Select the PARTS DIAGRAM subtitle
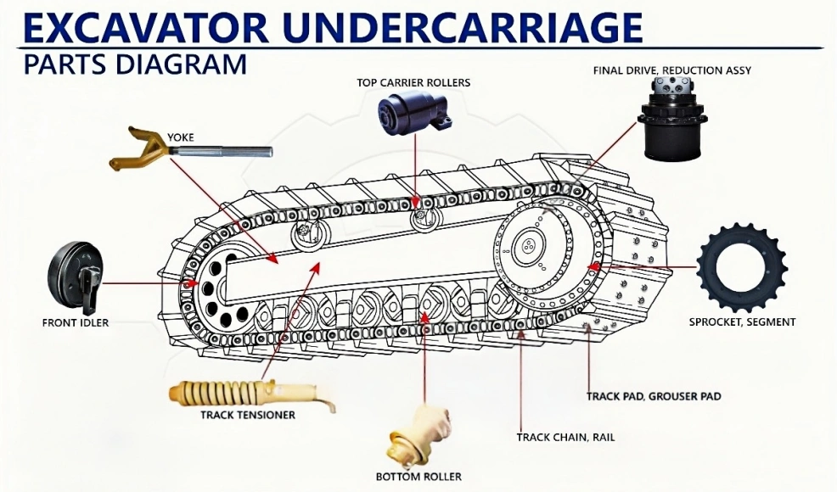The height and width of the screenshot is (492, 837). [x=135, y=64]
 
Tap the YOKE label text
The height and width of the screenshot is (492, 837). [x=181, y=136]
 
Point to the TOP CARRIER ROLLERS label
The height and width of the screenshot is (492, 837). [x=413, y=82]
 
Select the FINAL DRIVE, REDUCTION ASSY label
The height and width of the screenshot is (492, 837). [x=671, y=70]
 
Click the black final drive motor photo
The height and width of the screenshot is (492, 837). [x=671, y=121]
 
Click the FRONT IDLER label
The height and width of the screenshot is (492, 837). [x=76, y=322]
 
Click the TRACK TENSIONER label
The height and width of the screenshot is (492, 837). [x=248, y=415]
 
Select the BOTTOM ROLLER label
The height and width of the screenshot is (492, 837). [x=418, y=476]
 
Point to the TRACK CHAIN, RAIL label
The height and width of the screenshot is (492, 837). [x=565, y=438]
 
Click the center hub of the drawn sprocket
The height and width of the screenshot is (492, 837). [x=529, y=247]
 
